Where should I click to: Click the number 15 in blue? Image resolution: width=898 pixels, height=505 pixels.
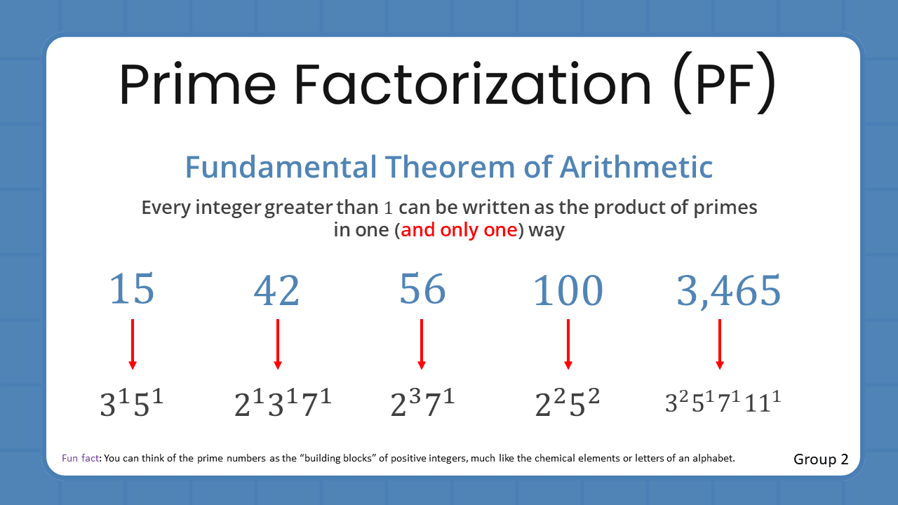[132, 290]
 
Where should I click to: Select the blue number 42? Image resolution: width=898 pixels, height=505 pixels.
[277, 291]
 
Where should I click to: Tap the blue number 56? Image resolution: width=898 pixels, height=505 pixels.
[422, 290]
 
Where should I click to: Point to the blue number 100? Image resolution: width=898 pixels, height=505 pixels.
[568, 291]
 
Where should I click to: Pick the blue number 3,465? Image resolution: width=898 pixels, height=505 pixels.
[728, 291]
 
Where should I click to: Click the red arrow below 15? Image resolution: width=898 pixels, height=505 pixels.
[133, 344]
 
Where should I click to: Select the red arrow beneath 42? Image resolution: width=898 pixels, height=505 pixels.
[278, 344]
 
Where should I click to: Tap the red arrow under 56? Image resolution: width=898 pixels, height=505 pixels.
[422, 344]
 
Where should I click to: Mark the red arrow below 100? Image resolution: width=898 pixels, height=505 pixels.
[568, 344]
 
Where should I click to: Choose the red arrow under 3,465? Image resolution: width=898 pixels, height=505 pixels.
[720, 344]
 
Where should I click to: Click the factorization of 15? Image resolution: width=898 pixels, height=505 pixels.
[132, 405]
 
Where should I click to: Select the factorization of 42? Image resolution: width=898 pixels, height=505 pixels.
[283, 405]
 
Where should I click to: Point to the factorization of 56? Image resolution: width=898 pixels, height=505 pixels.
[422, 405]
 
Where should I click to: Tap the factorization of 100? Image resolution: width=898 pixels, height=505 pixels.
[568, 405]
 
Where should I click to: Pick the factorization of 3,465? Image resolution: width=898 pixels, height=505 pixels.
[723, 403]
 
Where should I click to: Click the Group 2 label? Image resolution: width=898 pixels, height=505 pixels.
[821, 459]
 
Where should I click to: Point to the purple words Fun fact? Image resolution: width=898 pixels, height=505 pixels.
[81, 458]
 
